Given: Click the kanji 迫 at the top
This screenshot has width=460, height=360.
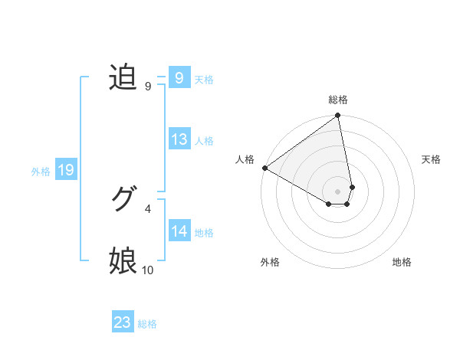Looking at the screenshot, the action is [123, 77].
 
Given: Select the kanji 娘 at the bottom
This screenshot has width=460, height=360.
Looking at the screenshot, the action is [123, 260].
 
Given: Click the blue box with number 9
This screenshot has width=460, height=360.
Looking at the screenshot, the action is [179, 77].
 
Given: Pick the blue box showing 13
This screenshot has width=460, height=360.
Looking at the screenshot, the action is [179, 139].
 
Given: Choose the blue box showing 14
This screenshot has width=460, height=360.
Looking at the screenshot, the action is [179, 231].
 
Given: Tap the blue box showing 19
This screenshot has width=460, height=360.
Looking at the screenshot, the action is [65, 170].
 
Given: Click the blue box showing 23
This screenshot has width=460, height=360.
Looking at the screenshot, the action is [122, 322].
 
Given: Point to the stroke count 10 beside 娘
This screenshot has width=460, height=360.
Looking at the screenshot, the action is [148, 270].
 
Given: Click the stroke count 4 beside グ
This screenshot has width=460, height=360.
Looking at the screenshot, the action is [148, 208].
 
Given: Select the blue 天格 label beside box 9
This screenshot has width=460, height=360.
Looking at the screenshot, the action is [204, 79].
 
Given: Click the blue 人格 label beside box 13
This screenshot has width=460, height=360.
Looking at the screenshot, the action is [204, 141].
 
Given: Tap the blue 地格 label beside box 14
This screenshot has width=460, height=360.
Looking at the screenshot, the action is [204, 233].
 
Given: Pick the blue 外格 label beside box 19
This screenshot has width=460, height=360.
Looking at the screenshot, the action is [41, 172].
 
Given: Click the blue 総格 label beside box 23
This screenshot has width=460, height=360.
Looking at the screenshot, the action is [147, 324].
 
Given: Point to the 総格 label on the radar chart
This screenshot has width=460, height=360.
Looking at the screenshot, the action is [338, 100].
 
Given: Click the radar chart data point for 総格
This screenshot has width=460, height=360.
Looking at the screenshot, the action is [338, 116].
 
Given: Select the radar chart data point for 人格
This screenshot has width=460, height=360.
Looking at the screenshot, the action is [264, 168].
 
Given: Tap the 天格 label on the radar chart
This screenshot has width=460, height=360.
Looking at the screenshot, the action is [432, 159].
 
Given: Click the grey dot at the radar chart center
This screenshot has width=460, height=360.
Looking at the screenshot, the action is [338, 191].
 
